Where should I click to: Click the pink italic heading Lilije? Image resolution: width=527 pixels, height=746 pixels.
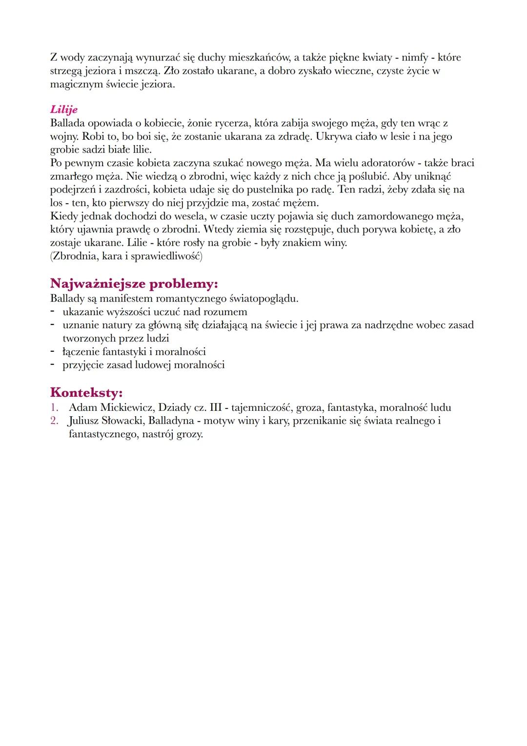pyautogui.click(x=63, y=110)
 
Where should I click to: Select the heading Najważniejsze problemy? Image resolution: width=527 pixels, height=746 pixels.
pyautogui.click(x=134, y=284)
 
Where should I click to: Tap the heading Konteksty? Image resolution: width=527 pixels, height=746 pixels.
pyautogui.click(x=86, y=392)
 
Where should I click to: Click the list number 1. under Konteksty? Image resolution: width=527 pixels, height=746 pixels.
pyautogui.click(x=54, y=407)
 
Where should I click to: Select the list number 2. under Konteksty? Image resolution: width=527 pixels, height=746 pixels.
pyautogui.click(x=54, y=421)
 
